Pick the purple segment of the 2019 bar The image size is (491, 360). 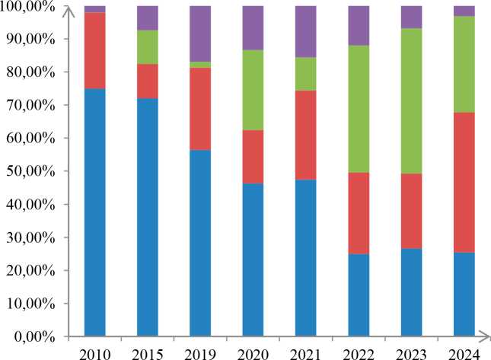[200, 33]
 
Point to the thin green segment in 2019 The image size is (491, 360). [200, 65]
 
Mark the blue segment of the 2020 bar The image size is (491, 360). [253, 259]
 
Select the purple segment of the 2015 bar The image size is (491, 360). [148, 18]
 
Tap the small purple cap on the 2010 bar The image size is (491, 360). [94, 9]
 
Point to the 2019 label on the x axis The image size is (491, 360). [200, 352]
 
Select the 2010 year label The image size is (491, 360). [94, 352]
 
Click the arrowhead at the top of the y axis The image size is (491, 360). [69, 8]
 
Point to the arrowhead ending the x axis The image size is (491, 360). [485, 336]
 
